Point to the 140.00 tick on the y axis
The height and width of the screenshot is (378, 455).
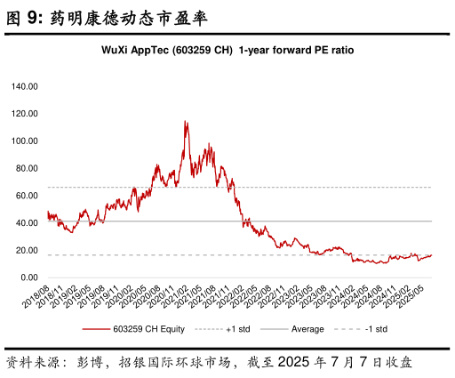[x=24, y=87]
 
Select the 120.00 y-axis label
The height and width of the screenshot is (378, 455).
[x=24, y=114]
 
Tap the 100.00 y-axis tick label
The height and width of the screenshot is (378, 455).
[x=24, y=141]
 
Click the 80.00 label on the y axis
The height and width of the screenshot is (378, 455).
[x=27, y=168]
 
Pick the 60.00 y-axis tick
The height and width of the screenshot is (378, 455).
[x=27, y=196]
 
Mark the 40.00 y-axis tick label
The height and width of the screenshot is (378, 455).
[x=27, y=223]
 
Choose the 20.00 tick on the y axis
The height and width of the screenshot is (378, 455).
[x=27, y=251]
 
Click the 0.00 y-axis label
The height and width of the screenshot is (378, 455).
[x=29, y=277]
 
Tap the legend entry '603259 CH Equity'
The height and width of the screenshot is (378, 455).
[x=144, y=329]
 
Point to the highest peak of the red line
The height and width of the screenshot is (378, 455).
[x=186, y=121]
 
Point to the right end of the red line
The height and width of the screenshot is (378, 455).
[x=432, y=255]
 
